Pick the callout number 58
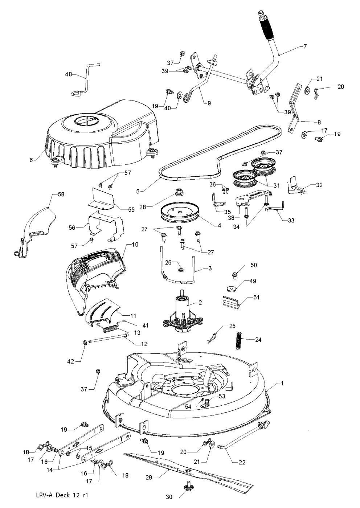point(61,194)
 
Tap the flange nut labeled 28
point(179,191)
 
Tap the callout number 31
point(277,185)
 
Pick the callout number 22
point(242,462)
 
